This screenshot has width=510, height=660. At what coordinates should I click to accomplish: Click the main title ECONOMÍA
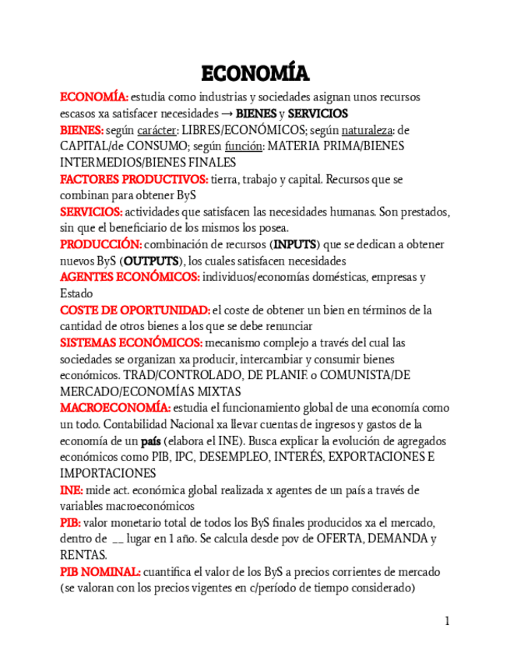255,73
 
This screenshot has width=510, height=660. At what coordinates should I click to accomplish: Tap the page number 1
447,621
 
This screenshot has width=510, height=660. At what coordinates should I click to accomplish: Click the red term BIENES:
82,130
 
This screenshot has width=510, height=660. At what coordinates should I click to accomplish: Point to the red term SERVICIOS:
91,212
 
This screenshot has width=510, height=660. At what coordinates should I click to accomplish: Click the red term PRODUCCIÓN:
100,244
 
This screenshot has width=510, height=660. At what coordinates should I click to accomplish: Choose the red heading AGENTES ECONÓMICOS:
130,277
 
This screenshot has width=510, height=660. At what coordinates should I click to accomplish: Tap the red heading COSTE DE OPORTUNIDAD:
135,310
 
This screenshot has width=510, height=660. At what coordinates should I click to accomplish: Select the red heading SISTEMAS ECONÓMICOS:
131,342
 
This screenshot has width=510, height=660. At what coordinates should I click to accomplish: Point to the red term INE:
72,490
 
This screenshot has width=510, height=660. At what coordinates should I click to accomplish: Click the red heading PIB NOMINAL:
100,571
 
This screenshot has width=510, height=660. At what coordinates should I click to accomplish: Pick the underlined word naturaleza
365,130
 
